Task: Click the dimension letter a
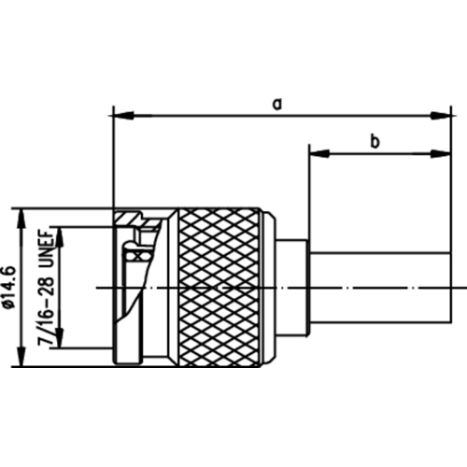[276, 105]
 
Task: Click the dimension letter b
[375, 142]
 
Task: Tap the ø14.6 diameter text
[10, 287]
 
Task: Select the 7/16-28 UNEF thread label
[46, 288]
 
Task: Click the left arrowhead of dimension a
[124, 116]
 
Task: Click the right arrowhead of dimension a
[441, 116]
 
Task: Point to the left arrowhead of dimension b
[319, 153]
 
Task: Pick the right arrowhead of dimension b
[441, 153]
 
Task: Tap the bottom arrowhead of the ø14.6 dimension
[21, 356]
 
